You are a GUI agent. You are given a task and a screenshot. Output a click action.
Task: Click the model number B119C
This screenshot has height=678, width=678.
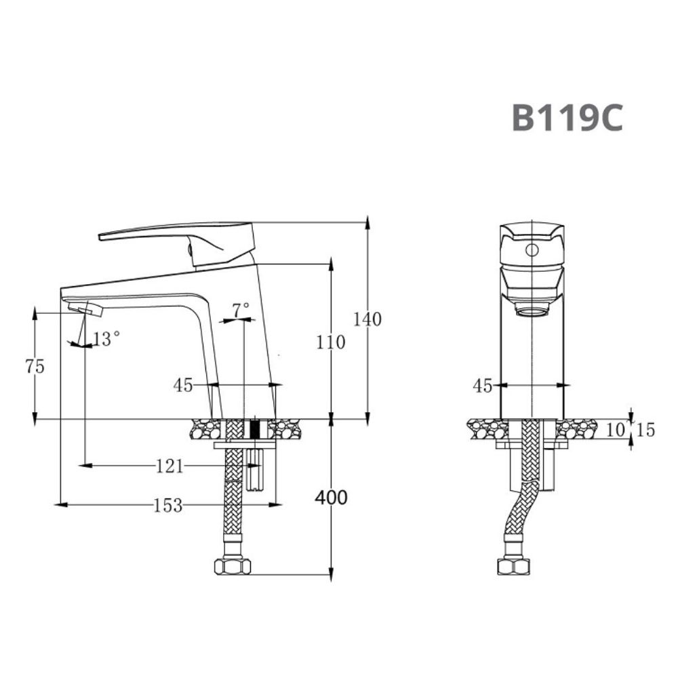[x=567, y=117]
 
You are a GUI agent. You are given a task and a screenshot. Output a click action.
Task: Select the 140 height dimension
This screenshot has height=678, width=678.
[x=367, y=319]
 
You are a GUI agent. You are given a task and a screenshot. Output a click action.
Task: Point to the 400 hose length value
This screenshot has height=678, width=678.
[x=331, y=498]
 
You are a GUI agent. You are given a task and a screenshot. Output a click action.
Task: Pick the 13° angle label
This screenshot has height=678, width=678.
[x=106, y=339]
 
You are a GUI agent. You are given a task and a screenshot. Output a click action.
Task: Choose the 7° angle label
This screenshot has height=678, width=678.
[x=241, y=311]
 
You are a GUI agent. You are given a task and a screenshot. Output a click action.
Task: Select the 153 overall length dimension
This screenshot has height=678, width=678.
[x=168, y=505]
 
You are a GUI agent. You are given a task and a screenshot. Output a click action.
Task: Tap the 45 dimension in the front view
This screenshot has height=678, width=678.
[x=482, y=386]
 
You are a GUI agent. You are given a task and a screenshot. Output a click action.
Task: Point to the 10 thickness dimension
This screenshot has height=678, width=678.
[x=616, y=430]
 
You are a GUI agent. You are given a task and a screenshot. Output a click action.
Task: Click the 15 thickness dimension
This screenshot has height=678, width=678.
[x=645, y=430]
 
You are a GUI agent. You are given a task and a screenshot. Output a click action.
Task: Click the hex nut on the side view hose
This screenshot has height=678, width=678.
[x=232, y=566]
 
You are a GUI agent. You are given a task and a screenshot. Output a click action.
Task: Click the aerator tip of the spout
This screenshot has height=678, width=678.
[x=85, y=309]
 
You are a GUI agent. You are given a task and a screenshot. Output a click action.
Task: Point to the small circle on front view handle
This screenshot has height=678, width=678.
[x=532, y=250]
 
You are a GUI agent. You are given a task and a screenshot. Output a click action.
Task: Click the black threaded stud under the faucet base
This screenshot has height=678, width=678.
[x=255, y=429]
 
